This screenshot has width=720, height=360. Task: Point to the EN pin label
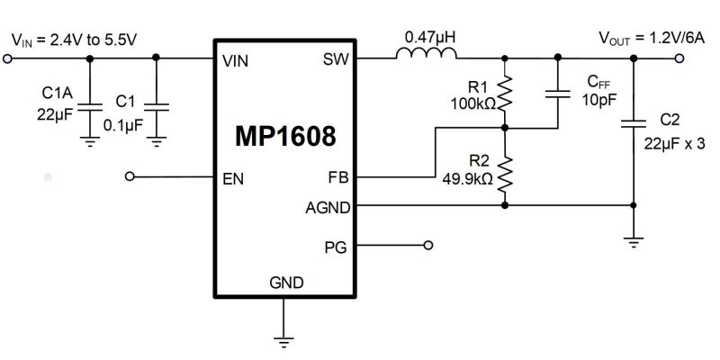233,177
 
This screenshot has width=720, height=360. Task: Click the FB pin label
337,177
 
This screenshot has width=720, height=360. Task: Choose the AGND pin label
327,206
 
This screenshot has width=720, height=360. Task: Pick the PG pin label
335,245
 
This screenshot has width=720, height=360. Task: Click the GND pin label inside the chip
285,283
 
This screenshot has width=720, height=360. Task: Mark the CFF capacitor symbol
559,93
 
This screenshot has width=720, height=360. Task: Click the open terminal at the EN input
130,177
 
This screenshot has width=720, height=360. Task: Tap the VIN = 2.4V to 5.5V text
74,39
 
